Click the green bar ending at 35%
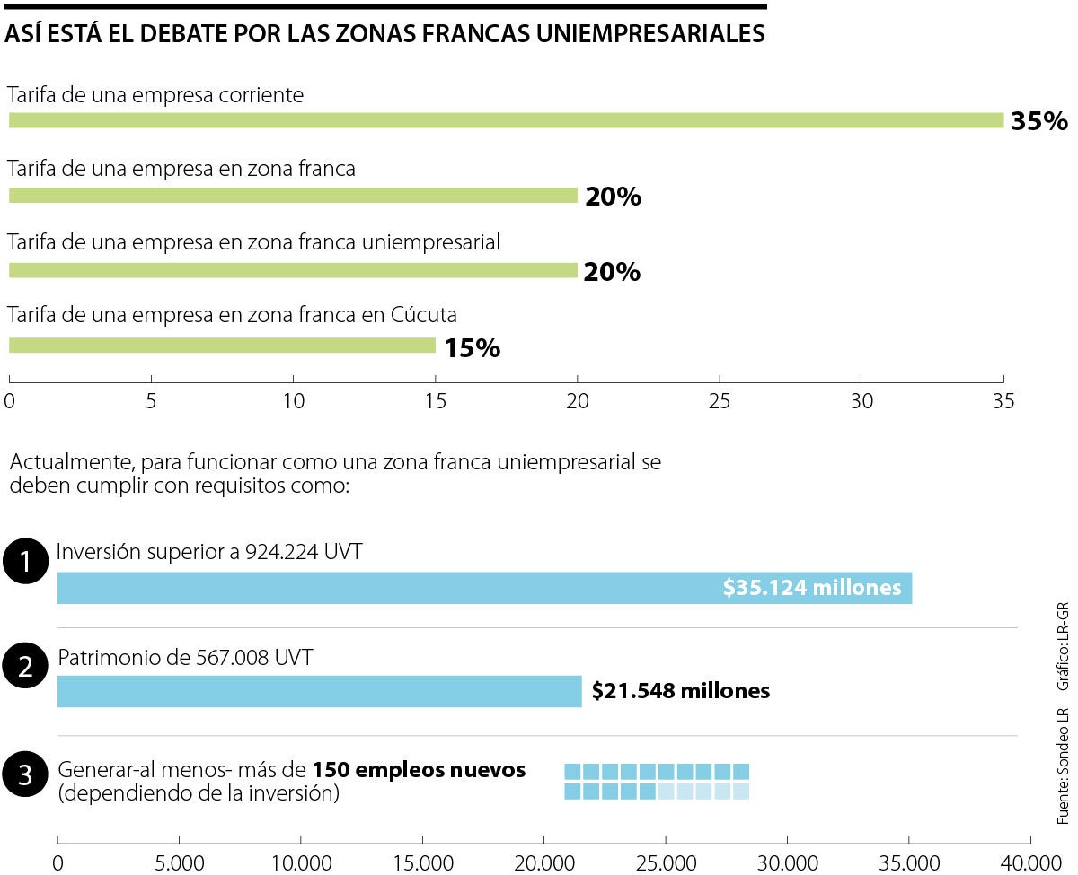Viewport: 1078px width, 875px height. click(x=506, y=120)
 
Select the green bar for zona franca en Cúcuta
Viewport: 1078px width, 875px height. click(x=222, y=346)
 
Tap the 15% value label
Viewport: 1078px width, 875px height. click(x=472, y=348)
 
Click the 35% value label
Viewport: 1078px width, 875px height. click(x=1039, y=121)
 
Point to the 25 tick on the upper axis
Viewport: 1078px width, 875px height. click(x=720, y=401)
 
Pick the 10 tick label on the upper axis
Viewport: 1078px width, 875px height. click(x=294, y=401)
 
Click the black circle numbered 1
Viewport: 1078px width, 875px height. click(x=25, y=563)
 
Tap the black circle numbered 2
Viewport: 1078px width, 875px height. click(x=25, y=667)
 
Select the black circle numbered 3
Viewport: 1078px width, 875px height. click(x=25, y=776)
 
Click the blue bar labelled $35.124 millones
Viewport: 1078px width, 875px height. click(x=485, y=588)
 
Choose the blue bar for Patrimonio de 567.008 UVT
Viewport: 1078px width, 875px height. click(x=319, y=691)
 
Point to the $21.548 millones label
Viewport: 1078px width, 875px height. click(x=681, y=691)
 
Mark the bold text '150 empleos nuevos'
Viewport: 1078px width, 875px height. click(x=419, y=770)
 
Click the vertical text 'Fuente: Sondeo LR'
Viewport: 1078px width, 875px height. click(x=1063, y=766)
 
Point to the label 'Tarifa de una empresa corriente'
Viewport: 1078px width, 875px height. click(x=155, y=94)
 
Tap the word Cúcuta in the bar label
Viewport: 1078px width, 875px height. click(x=424, y=315)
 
